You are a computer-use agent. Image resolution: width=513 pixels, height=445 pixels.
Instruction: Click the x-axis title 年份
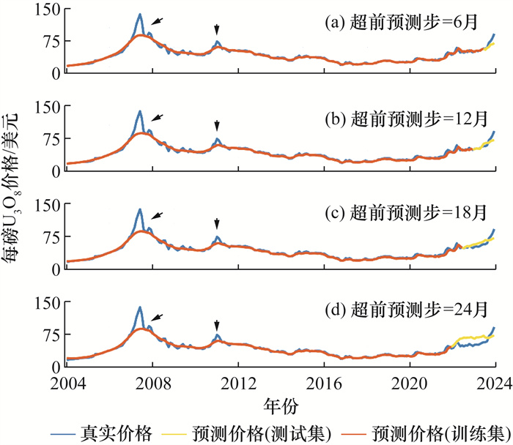(x=281, y=404)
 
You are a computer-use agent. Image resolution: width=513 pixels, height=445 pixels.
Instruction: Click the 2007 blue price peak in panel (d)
(x=139, y=308)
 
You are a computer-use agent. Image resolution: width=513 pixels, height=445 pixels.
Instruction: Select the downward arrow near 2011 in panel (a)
(x=217, y=29)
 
